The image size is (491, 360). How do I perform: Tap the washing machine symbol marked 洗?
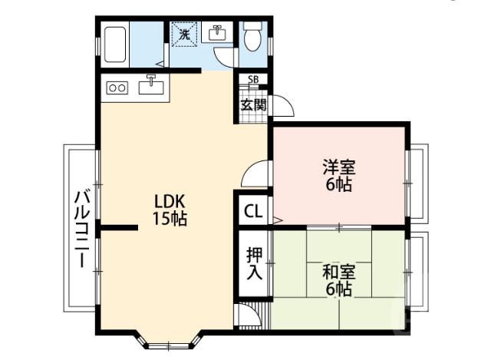184,34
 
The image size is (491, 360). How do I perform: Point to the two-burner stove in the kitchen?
117,88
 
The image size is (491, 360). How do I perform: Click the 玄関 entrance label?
253,104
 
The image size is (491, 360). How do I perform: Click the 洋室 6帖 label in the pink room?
338,176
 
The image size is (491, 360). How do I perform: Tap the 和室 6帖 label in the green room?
338,280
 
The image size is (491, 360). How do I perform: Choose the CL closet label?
252,212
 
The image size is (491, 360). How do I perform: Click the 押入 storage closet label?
254,263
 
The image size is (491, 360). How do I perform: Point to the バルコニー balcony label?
80,230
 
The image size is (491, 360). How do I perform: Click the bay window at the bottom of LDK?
168,337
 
